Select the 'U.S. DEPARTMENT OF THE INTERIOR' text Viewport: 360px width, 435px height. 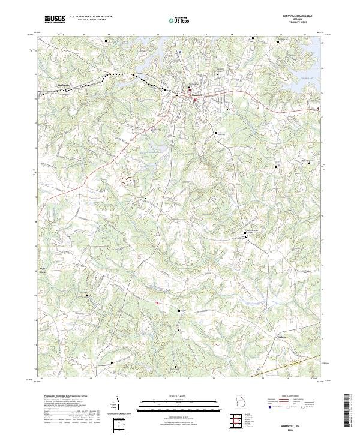(x=91, y=17)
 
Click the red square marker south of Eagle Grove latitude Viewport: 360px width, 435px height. (x=158, y=304)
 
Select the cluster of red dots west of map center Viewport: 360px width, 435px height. (x=126, y=178)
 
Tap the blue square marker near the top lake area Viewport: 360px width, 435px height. (x=179, y=51)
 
